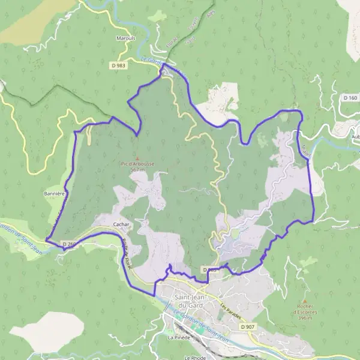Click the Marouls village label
(125, 38)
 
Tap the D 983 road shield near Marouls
(118, 64)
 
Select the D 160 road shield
(350, 97)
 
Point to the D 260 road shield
(70, 244)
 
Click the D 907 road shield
(247, 326)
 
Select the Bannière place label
(54, 194)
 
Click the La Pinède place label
(179, 338)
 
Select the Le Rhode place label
(195, 358)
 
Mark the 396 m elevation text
(305, 318)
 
